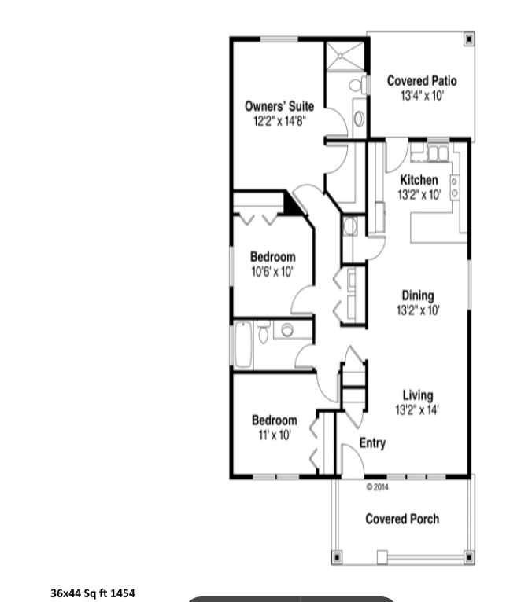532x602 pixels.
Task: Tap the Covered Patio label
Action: (422, 81)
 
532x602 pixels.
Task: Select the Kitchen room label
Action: (419, 180)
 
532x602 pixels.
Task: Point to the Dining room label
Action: (417, 295)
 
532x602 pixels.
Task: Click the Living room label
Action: (418, 395)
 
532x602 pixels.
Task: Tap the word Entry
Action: (372, 443)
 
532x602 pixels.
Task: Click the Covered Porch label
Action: (402, 519)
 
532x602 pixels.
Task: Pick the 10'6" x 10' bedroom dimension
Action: (272, 271)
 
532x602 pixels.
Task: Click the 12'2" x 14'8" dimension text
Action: (279, 121)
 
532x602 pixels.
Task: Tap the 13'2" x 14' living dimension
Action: (418, 409)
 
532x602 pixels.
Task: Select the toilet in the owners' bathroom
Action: (356, 85)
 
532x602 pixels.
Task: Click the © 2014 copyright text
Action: (378, 486)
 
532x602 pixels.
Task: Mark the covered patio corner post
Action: (469, 38)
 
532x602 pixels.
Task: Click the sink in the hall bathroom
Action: (288, 330)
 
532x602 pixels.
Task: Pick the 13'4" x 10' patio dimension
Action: (422, 95)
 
